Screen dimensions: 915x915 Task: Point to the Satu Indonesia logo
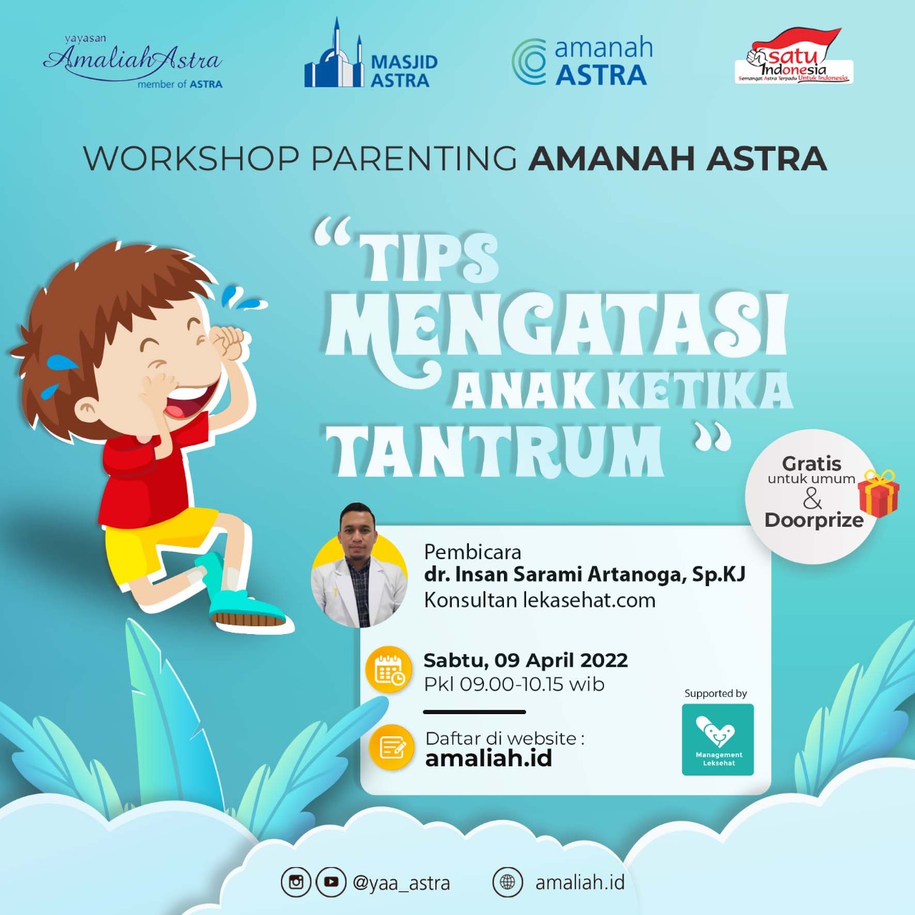(x=794, y=59)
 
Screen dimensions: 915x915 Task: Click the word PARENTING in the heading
(x=414, y=159)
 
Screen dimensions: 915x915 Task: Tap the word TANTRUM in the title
(x=495, y=452)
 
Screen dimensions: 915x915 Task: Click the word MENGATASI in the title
(x=557, y=325)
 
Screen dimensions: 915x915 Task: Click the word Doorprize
(x=813, y=520)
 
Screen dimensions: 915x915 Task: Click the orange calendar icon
(x=389, y=671)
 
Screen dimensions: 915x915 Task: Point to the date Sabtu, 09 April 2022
(x=525, y=660)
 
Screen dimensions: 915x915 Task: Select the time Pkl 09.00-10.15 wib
(x=514, y=684)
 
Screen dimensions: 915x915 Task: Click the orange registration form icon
(x=392, y=747)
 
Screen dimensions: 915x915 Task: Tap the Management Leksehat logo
(x=718, y=740)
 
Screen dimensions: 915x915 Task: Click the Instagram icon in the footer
(x=296, y=882)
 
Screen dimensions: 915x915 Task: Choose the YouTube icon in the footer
(x=331, y=882)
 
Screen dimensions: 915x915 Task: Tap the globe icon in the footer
(x=508, y=882)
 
